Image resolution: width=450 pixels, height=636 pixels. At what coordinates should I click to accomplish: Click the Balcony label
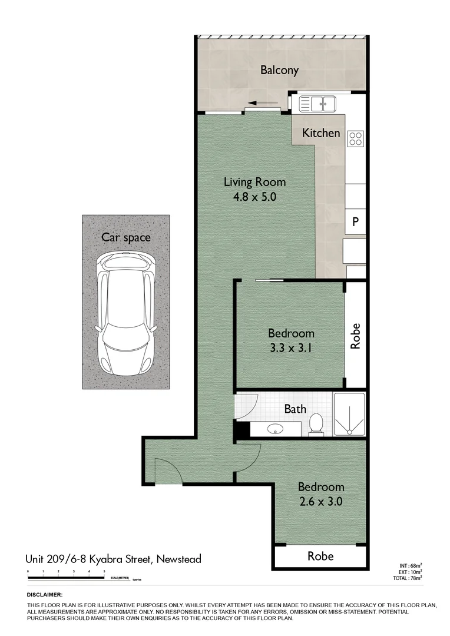(279, 70)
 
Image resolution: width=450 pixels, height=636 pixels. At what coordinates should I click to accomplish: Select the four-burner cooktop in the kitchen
(356, 138)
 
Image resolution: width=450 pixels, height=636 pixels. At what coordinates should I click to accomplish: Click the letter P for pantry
(355, 222)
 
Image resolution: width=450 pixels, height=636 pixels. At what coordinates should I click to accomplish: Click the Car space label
(125, 238)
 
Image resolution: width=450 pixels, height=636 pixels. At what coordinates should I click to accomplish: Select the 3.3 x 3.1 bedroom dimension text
(291, 347)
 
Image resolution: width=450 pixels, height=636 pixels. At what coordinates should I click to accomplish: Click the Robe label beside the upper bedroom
(355, 336)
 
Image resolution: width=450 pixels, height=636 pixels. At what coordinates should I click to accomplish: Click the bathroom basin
(275, 429)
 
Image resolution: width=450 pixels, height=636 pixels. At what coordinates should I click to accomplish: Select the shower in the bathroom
(349, 415)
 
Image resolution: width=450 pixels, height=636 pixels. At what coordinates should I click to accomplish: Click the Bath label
(295, 409)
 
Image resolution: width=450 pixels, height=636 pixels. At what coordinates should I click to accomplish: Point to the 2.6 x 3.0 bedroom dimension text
(320, 502)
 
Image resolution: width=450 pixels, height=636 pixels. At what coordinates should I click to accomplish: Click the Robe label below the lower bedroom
(320, 556)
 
